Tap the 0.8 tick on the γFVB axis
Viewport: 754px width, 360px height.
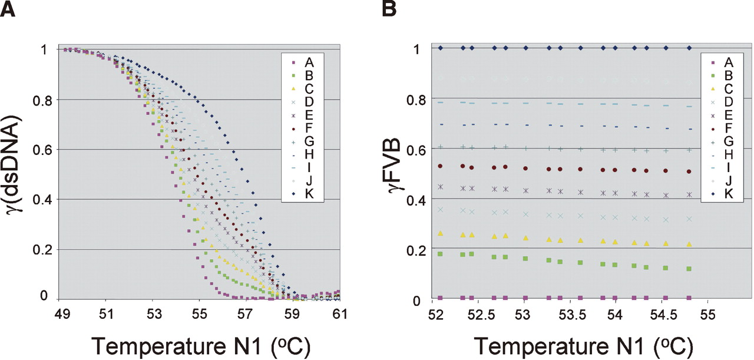click(419, 98)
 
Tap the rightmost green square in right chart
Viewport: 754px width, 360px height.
click(689, 269)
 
